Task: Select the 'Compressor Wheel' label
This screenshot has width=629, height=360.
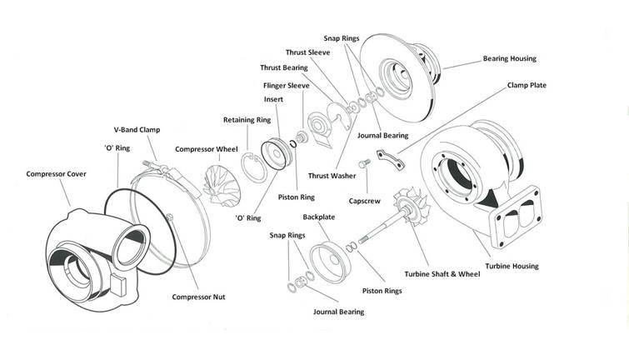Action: click(207, 150)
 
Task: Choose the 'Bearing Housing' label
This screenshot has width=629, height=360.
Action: click(510, 59)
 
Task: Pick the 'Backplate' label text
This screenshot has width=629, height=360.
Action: click(319, 217)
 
